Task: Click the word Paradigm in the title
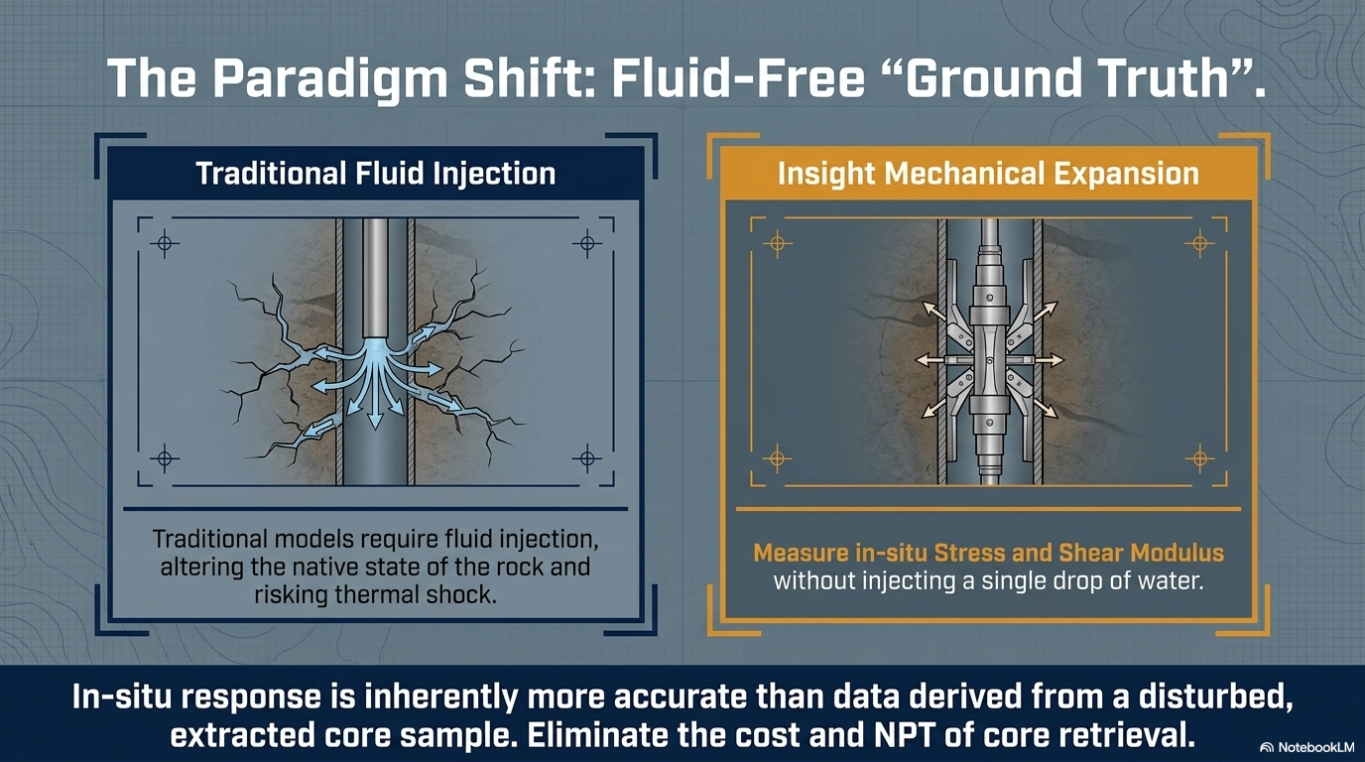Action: [331, 79]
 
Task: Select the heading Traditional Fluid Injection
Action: [375, 173]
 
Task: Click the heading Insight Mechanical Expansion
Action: [988, 173]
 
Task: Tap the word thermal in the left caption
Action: [374, 594]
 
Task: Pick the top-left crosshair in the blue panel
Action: [165, 244]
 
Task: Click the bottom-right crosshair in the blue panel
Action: [587, 457]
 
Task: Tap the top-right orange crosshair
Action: [1200, 244]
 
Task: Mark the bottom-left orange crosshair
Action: [777, 457]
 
